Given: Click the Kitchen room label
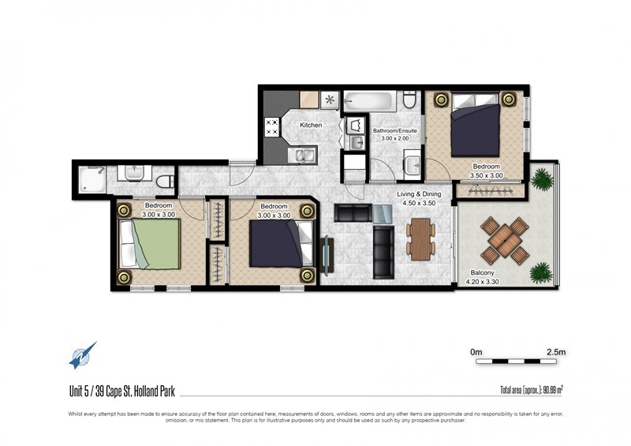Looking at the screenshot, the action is pyautogui.click(x=311, y=126).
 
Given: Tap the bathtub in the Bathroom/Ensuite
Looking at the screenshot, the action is pyautogui.click(x=369, y=102).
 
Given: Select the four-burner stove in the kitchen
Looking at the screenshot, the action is pyautogui.click(x=271, y=127).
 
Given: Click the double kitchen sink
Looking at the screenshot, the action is pyautogui.click(x=302, y=156).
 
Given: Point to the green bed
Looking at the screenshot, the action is pyautogui.click(x=149, y=243).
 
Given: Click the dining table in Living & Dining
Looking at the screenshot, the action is pyautogui.click(x=421, y=239).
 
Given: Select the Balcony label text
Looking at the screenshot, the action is pyautogui.click(x=482, y=273).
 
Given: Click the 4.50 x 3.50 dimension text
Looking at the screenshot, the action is pyautogui.click(x=419, y=203).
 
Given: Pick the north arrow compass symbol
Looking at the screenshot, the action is pyautogui.click(x=83, y=355).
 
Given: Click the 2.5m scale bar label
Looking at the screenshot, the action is pyautogui.click(x=556, y=352).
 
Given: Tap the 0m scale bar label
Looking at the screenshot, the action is pyautogui.click(x=476, y=352).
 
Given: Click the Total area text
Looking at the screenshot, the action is pyautogui.click(x=532, y=390).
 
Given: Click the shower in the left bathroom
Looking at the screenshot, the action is pyautogui.click(x=92, y=180).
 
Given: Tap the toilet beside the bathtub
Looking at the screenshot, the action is pyautogui.click(x=409, y=99).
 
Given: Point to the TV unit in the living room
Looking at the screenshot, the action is pyautogui.click(x=327, y=257).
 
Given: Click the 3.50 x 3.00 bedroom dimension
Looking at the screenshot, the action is pyautogui.click(x=486, y=176).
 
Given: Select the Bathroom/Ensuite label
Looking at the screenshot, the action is pyautogui.click(x=395, y=131).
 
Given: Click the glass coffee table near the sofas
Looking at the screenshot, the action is pyautogui.click(x=383, y=214).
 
